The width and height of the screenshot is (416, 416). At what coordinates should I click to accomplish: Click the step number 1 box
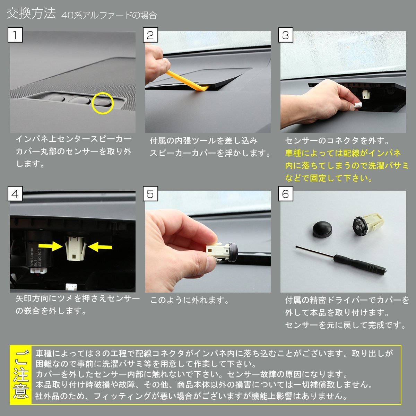pyautogui.click(x=15, y=35)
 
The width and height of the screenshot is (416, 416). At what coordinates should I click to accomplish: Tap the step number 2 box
pyautogui.click(x=150, y=35)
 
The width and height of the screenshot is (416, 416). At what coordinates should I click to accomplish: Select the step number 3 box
pyautogui.click(x=286, y=35)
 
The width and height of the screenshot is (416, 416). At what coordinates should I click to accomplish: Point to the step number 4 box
pyautogui.click(x=15, y=194)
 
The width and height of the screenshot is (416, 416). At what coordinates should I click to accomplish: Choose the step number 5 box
pyautogui.click(x=150, y=194)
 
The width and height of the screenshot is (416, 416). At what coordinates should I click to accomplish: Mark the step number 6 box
pyautogui.click(x=286, y=194)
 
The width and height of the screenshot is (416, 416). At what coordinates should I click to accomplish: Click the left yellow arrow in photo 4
pyautogui.click(x=51, y=246)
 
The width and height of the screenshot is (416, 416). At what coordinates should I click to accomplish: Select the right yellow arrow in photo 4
pyautogui.click(x=100, y=247)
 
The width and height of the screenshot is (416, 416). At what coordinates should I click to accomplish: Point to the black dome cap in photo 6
pyautogui.click(x=322, y=229)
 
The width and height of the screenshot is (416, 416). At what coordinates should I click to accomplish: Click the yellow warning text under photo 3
pyautogui.click(x=346, y=166)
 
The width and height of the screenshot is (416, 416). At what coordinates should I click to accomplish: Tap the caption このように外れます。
pyautogui.click(x=189, y=300)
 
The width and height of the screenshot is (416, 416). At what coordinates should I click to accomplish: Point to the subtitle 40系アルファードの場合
pyautogui.click(x=109, y=15)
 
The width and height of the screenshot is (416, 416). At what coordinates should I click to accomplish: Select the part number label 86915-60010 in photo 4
pyautogui.click(x=32, y=258)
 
